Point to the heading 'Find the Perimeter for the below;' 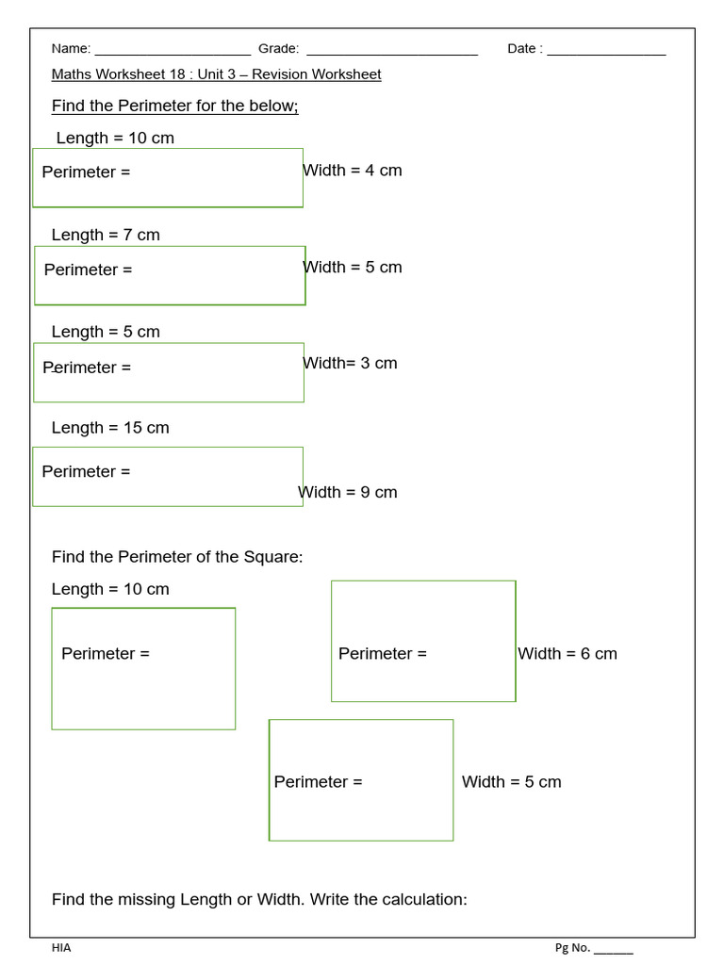pos(174,106)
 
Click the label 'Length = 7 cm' pos(106,235)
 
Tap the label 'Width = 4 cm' pos(353,171)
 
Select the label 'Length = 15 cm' pos(110,428)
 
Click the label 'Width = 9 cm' pos(348,492)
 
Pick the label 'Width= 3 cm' pos(350,363)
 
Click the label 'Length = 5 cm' pos(106,332)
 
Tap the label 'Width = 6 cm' pos(568,654)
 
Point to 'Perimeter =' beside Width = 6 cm pos(382,654)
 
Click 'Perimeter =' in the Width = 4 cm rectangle pos(86,172)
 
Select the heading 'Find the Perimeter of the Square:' pos(177,557)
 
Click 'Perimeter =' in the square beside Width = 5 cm pos(318,782)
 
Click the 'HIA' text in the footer pos(61,948)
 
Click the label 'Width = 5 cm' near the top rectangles pos(353,268)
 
